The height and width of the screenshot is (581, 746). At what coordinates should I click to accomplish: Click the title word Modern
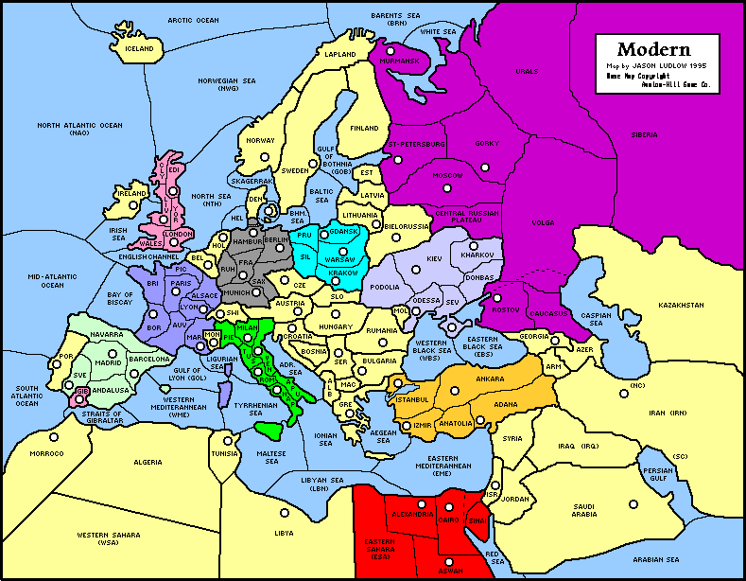(x=653, y=49)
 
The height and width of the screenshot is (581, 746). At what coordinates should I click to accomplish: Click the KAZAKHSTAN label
(x=682, y=305)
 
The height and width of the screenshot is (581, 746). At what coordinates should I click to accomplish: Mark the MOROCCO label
(x=46, y=453)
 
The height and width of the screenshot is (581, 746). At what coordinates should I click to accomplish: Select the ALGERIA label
(x=147, y=462)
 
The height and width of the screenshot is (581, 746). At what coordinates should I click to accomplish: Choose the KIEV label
(x=434, y=258)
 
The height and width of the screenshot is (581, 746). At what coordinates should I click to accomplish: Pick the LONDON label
(x=178, y=233)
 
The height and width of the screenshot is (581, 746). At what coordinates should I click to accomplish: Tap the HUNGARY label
(x=336, y=326)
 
